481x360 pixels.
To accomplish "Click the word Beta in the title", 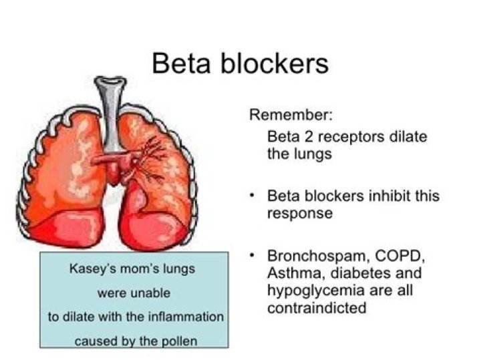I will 182,63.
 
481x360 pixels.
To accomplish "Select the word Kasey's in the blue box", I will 92,270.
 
